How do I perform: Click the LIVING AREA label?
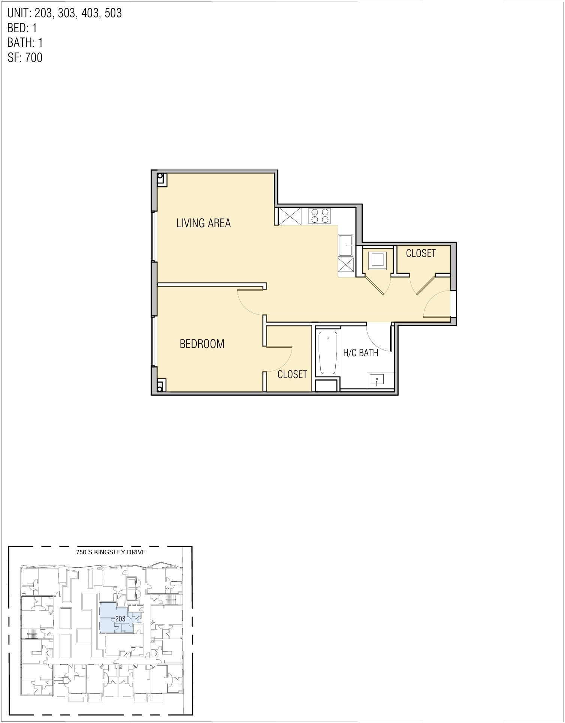(x=203, y=223)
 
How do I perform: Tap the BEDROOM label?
(x=202, y=343)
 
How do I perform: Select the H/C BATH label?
(x=360, y=352)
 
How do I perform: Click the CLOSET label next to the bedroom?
(x=292, y=374)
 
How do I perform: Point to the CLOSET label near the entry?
(x=421, y=253)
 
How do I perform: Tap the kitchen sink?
(x=345, y=245)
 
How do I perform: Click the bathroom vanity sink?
(x=377, y=380)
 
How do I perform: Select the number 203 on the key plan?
(x=120, y=619)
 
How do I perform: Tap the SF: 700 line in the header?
(x=25, y=57)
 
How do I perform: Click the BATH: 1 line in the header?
(x=25, y=42)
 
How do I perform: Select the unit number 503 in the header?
(x=113, y=13)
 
